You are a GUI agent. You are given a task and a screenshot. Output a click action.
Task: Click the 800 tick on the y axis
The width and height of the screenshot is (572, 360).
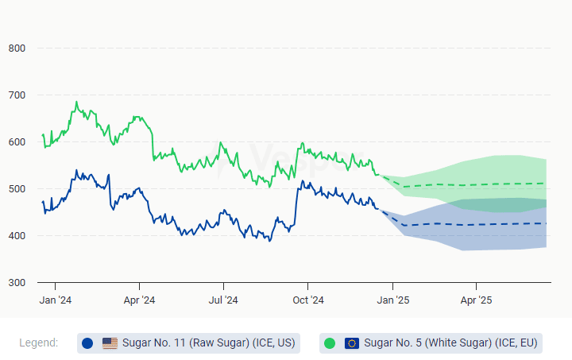click(x=17, y=48)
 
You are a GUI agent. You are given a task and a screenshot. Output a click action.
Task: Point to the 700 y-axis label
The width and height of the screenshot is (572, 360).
click(x=17, y=95)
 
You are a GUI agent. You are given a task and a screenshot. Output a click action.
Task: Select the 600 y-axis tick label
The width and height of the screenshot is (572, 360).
click(x=17, y=142)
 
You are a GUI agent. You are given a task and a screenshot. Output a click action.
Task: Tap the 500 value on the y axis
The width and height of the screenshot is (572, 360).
click(x=17, y=189)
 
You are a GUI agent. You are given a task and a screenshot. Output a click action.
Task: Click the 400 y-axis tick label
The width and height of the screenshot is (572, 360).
click(x=17, y=236)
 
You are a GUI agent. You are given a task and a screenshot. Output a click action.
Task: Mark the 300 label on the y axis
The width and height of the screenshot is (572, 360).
click(x=17, y=283)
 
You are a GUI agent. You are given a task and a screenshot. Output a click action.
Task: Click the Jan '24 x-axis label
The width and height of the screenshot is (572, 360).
click(x=56, y=300)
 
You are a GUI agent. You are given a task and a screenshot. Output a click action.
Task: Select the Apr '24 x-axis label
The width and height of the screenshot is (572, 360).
click(x=139, y=300)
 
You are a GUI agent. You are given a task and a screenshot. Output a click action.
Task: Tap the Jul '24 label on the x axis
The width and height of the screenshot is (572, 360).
click(x=223, y=300)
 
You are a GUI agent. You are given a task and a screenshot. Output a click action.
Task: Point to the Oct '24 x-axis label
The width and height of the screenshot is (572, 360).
click(x=307, y=300)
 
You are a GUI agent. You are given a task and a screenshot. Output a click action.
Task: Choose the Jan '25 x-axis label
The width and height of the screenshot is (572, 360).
click(x=392, y=300)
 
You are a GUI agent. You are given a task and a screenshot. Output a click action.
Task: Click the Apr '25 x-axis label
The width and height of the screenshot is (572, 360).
click(x=476, y=300)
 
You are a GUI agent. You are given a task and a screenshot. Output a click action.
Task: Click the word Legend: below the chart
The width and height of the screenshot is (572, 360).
click(x=38, y=343)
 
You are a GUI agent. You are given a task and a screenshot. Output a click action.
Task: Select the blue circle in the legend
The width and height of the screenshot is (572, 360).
click(x=87, y=343)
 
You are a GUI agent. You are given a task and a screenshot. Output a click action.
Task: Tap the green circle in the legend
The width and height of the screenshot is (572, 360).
click(x=330, y=343)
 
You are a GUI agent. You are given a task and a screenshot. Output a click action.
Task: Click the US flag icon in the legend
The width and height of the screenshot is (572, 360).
click(x=110, y=343)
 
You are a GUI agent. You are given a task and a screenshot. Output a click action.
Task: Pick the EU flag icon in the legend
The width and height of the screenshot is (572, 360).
click(x=352, y=343)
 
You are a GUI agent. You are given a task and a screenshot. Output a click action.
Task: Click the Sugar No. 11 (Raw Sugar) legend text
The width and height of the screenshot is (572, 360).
click(x=208, y=343)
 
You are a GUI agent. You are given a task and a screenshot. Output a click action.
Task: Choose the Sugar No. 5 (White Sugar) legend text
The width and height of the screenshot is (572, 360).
click(x=450, y=343)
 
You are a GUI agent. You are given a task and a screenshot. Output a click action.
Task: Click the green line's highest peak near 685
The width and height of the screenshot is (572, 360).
click(x=76, y=102)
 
